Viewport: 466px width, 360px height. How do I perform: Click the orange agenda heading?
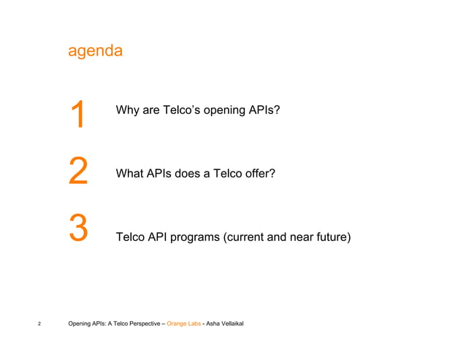(94, 53)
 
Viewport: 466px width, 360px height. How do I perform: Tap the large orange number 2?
(77, 171)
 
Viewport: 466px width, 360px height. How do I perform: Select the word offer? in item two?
(259, 174)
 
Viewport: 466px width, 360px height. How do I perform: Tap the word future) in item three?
(332, 237)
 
